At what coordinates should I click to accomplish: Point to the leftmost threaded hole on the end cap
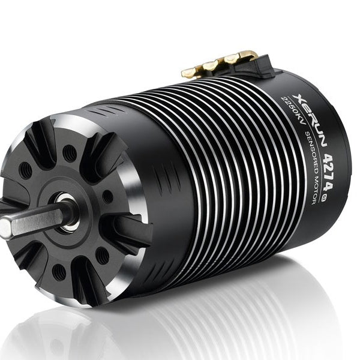[25, 170]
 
